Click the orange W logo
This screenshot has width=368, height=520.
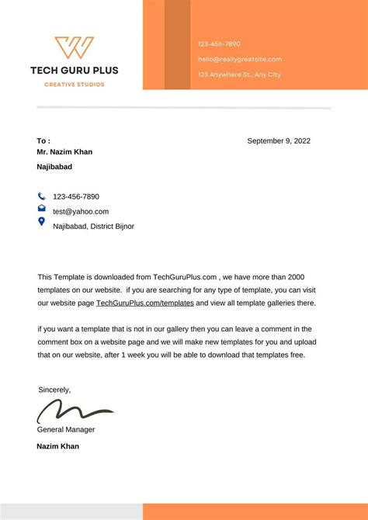pos(74,47)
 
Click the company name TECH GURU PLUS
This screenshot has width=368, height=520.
pos(74,70)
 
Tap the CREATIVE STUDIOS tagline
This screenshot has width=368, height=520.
pos(74,84)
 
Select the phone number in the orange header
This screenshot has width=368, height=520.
pos(219,44)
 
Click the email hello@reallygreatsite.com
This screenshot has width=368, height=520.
pos(239,59)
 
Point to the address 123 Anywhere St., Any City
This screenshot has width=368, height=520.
pos(239,75)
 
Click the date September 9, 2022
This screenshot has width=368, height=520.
pos(279,140)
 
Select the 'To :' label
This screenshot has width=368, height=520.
pos(43,140)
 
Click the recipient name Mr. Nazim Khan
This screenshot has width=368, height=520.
pos(64,152)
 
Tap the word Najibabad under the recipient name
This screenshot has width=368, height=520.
pos(54,167)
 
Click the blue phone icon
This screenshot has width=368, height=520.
pos(41,196)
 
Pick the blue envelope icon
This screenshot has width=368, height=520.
pos(41,209)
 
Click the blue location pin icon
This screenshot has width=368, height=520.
pos(41,222)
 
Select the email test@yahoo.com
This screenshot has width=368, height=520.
pos(81,211)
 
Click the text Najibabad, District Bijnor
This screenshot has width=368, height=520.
pos(93,226)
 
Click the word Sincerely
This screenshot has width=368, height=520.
pos(54,390)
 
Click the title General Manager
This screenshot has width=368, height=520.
pos(66,429)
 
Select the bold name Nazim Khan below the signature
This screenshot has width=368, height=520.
pos(57,446)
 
